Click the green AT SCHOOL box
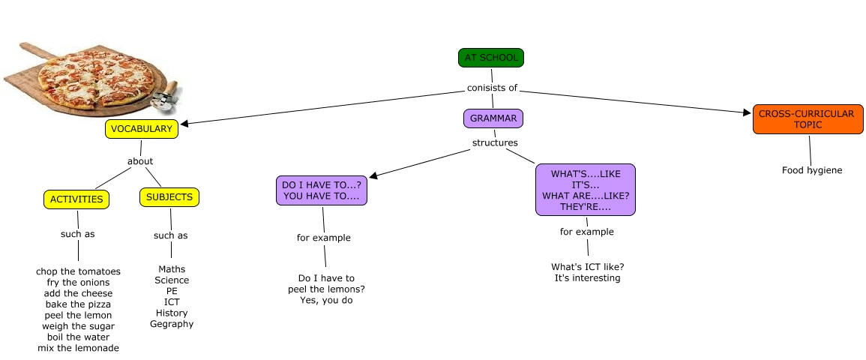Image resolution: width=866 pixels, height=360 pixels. (491, 58)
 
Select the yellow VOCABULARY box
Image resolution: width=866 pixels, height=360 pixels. (142, 129)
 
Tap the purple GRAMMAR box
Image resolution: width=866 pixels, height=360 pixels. (493, 118)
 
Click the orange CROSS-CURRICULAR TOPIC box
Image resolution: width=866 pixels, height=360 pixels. (806, 119)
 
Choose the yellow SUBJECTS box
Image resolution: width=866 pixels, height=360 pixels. (169, 197)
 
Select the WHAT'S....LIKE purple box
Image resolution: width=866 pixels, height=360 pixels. (586, 190)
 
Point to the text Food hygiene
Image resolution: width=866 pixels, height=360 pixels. (812, 170)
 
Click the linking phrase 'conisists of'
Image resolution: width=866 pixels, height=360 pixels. (492, 88)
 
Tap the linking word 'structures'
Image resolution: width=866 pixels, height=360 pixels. (495, 142)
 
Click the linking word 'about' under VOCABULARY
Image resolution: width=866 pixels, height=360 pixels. (140, 161)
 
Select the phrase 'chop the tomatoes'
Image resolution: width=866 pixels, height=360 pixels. (78, 271)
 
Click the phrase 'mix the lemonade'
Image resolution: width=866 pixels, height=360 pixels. (78, 348)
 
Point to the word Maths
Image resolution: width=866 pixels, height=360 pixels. (172, 269)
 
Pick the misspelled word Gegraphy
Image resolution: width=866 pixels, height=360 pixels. (172, 324)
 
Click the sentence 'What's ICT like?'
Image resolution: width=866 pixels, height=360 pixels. (588, 267)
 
